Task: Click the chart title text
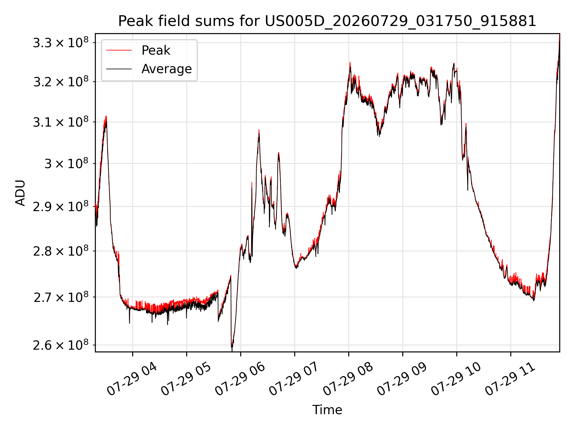327,21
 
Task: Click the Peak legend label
156,50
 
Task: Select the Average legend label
167,69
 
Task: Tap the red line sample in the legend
119,50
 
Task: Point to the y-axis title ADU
20,193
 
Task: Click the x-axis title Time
327,410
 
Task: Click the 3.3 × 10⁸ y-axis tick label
61,42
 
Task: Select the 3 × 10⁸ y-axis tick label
67,163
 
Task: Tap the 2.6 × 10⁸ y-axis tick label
61,345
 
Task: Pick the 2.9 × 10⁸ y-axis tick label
61,206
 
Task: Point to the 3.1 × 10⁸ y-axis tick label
61,122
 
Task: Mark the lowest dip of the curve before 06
232,347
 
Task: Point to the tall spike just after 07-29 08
350,63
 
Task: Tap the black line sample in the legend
119,69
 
